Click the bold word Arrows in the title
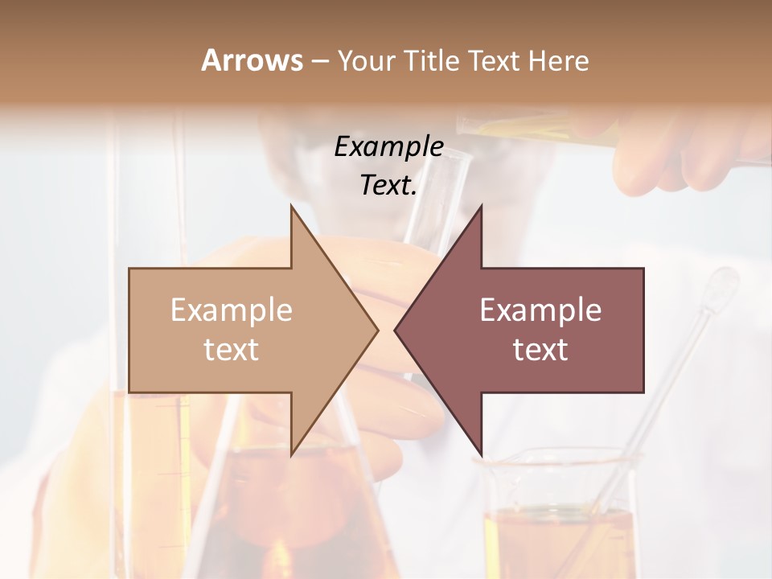(252, 60)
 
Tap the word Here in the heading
(558, 60)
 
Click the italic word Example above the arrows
(388, 146)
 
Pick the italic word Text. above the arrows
(388, 186)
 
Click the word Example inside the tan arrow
(232, 310)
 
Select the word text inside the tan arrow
(232, 349)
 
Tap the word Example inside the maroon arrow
(540, 310)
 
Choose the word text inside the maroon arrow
(540, 349)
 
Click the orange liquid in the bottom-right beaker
(555, 539)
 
